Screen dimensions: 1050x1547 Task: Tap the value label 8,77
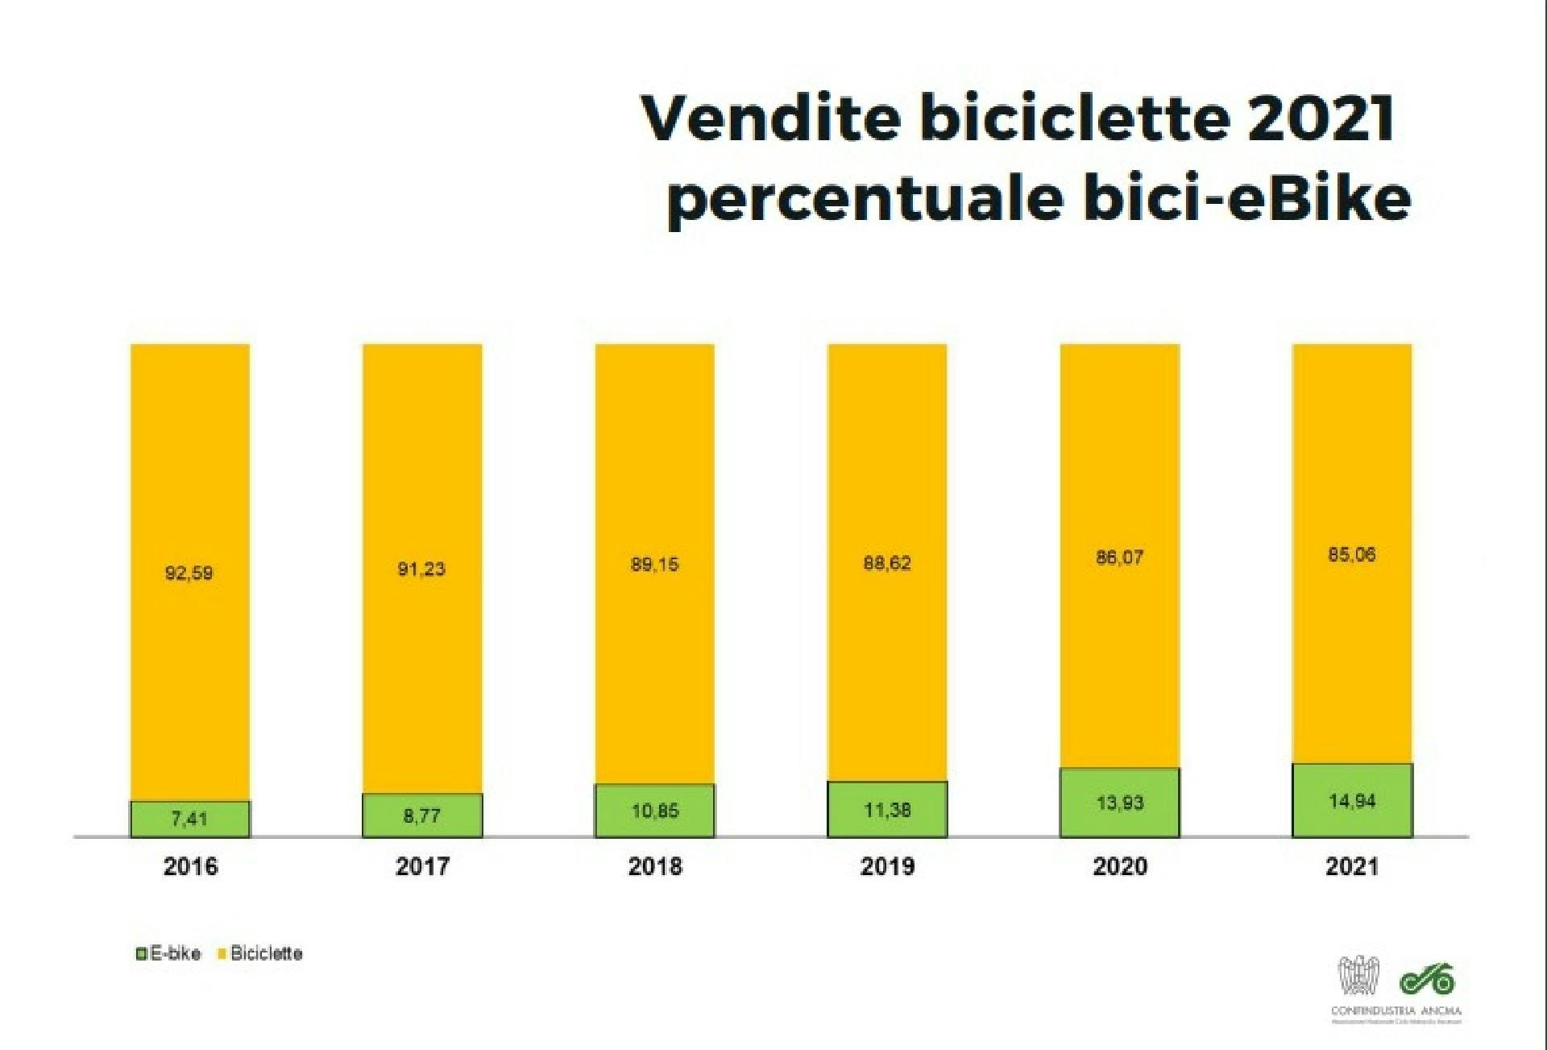tap(421, 816)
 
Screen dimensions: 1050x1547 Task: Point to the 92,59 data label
tap(189, 573)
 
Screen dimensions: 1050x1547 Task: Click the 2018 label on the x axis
tap(655, 866)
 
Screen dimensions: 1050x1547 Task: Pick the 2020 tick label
tap(1120, 866)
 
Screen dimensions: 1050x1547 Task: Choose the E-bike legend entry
tap(168, 953)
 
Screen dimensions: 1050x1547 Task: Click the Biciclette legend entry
tap(260, 953)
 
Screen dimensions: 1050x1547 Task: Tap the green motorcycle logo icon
tap(1427, 978)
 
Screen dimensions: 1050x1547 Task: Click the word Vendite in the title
tap(770, 118)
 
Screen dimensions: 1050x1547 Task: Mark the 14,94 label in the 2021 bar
tap(1352, 801)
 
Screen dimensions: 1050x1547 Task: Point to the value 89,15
tap(654, 564)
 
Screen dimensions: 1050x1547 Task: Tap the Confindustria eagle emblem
tap(1358, 977)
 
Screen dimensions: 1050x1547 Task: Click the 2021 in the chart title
tap(1321, 118)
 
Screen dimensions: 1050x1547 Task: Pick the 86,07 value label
tap(1119, 558)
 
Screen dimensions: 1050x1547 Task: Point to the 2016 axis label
tap(190, 866)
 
